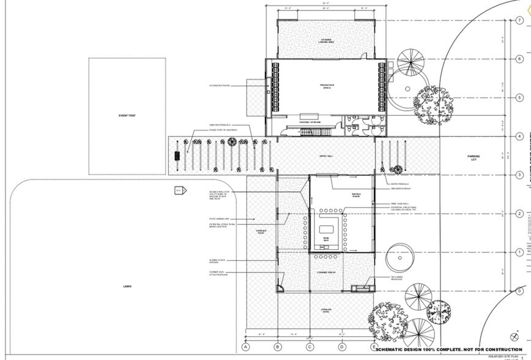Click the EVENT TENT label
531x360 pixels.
127,116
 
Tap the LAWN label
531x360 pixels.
127,287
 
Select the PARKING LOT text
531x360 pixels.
474,158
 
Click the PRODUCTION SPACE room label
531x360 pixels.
327,86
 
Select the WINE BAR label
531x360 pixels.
326,239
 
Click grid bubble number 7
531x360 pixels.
519,20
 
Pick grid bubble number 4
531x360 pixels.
519,137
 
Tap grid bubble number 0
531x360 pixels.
519,291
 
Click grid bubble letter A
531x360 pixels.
245,347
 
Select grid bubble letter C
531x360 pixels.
310,347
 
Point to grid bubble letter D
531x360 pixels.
341,347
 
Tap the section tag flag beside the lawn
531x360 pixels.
180,190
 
